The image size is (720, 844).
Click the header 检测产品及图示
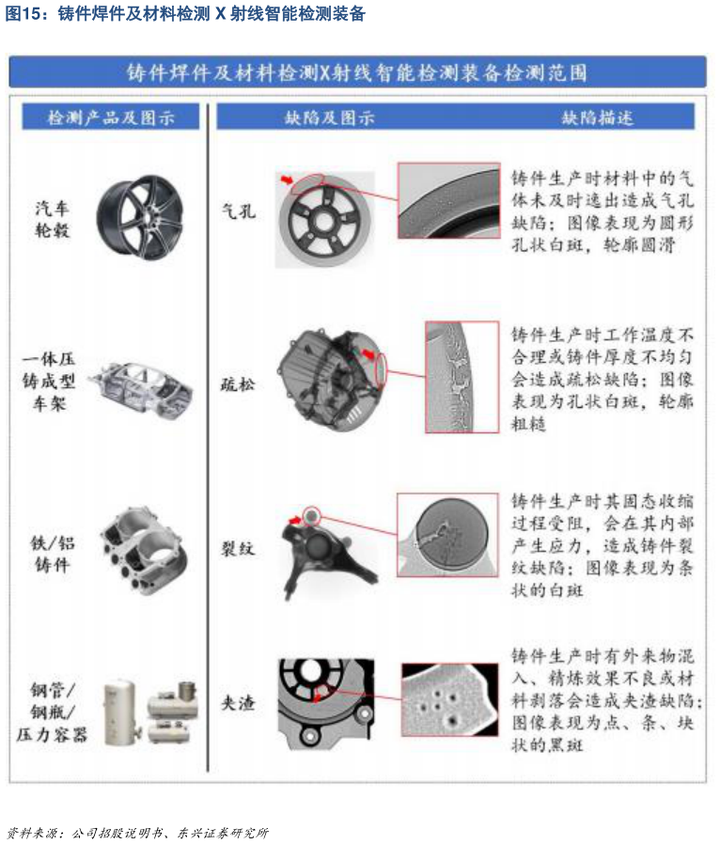click(111, 117)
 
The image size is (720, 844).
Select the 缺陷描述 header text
click(598, 117)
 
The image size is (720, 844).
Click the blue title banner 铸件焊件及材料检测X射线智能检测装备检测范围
click(358, 72)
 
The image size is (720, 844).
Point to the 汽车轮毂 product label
click(52, 219)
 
